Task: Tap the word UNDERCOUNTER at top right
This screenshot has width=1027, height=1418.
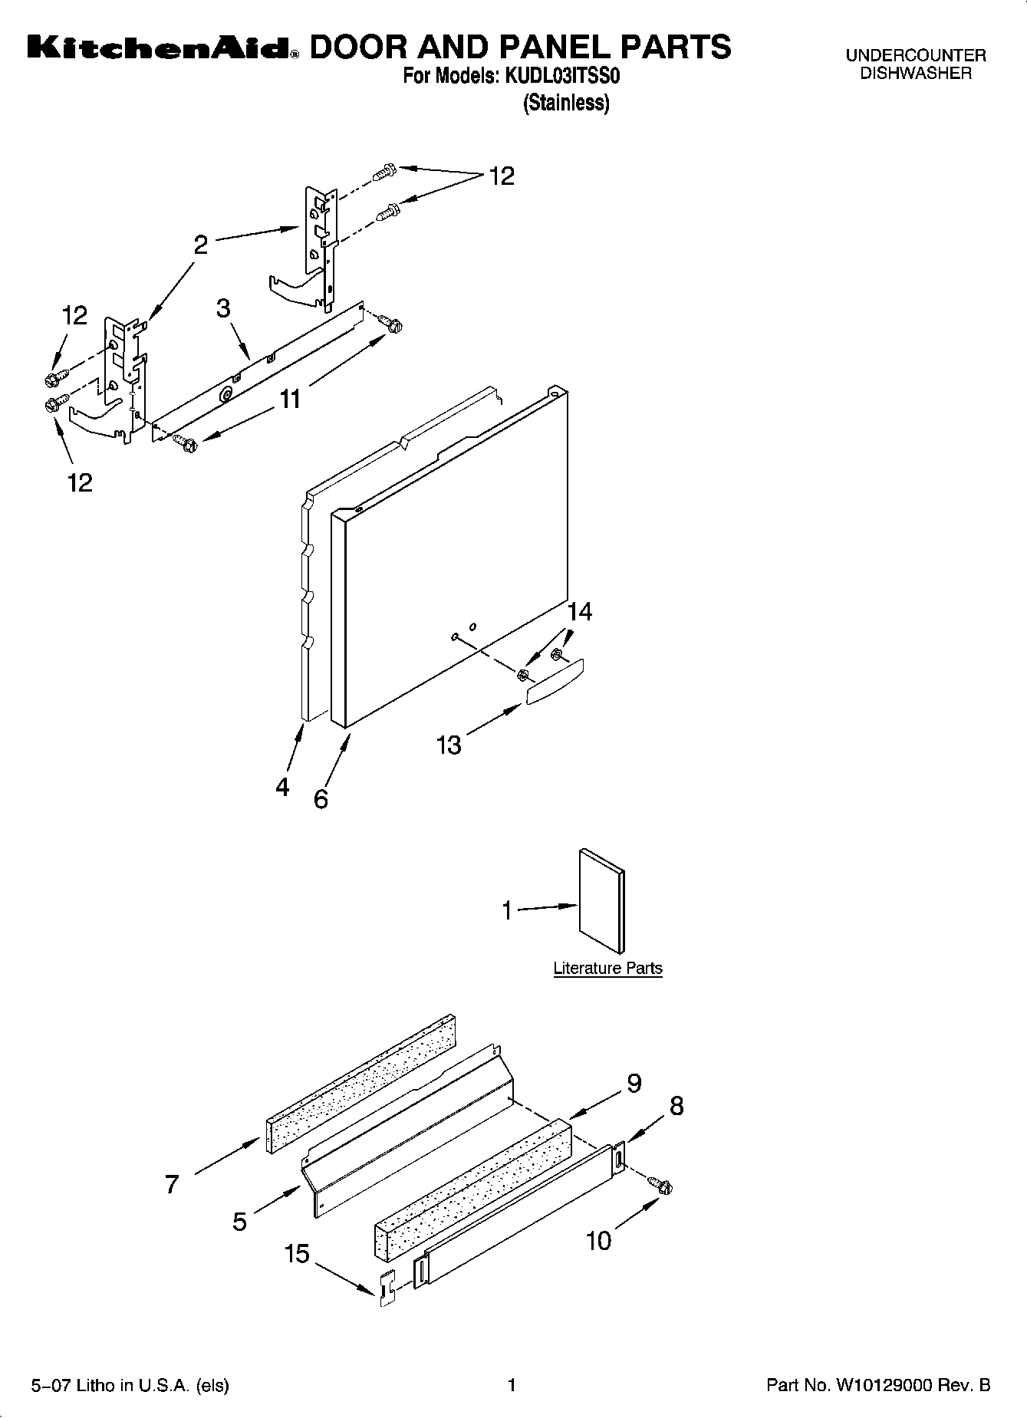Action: pyautogui.click(x=915, y=56)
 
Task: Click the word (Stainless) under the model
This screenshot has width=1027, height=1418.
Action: pyautogui.click(x=566, y=103)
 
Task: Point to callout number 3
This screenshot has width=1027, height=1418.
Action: pyautogui.click(x=223, y=308)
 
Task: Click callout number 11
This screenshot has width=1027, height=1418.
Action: pyautogui.click(x=290, y=400)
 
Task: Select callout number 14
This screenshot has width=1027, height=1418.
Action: pyautogui.click(x=580, y=611)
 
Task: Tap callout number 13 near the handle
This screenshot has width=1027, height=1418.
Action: pyautogui.click(x=449, y=744)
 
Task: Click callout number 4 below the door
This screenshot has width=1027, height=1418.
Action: pyautogui.click(x=282, y=786)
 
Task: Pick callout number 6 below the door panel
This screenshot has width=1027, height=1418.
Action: pyautogui.click(x=321, y=799)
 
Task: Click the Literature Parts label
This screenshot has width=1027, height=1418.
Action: pyautogui.click(x=607, y=968)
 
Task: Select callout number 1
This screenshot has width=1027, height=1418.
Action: pyautogui.click(x=506, y=910)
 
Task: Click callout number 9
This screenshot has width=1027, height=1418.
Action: pyautogui.click(x=634, y=1083)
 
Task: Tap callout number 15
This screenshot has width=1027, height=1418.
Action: pyautogui.click(x=297, y=1254)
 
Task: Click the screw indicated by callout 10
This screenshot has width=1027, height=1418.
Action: pyautogui.click(x=663, y=1186)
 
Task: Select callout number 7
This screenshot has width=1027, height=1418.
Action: pyautogui.click(x=172, y=1184)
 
